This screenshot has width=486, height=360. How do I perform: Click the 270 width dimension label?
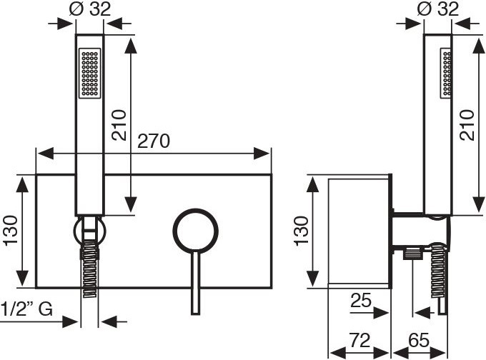pyautogui.click(x=154, y=141)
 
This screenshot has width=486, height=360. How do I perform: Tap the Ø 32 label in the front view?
pyautogui.click(x=89, y=10)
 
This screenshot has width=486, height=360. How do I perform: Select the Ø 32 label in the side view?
pyautogui.click(x=438, y=10)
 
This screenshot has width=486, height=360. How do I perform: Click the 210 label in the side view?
pyautogui.click(x=467, y=125)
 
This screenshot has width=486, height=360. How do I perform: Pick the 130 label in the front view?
pyautogui.click(x=10, y=230)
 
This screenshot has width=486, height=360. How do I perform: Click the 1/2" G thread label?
pyautogui.click(x=26, y=309)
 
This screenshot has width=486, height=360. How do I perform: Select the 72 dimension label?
pyautogui.click(x=359, y=341)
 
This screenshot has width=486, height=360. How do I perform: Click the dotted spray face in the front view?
pyautogui.click(x=90, y=73)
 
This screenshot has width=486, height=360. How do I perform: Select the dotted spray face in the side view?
pyautogui.click(x=447, y=73)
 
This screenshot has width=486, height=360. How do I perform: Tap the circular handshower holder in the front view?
pyautogui.click(x=89, y=231)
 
